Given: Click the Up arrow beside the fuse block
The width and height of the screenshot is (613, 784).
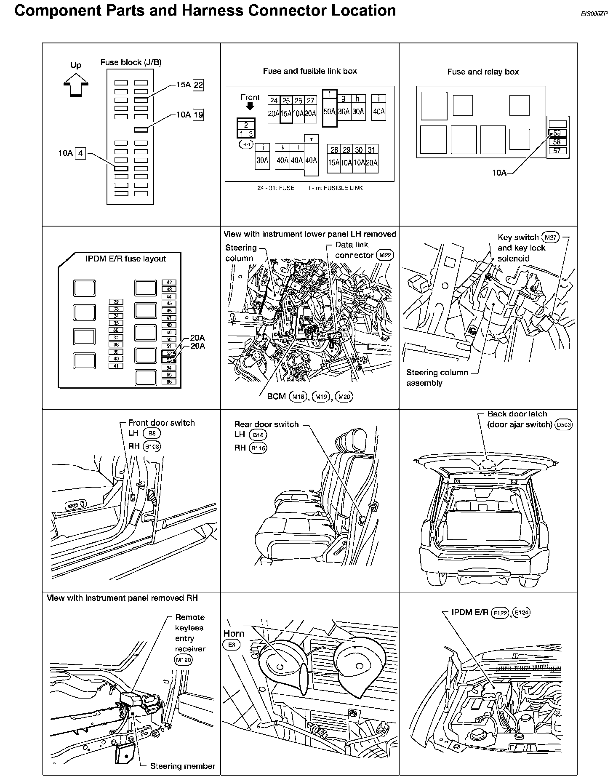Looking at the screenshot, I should [76, 84].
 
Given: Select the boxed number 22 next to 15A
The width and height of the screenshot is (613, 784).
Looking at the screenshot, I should [198, 85].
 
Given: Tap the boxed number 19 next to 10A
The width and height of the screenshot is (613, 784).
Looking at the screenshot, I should [198, 115].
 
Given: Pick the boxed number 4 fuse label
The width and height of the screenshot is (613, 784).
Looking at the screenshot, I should [80, 154].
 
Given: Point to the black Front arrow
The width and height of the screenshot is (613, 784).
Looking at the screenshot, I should [250, 107].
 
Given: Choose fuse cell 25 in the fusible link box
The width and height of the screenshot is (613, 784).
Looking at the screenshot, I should [286, 109].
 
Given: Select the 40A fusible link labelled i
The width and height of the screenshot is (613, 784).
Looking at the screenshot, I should [379, 107].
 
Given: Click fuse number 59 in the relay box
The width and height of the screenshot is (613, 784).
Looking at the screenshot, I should [557, 133].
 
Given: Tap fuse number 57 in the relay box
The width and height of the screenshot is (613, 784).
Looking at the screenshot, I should [557, 151].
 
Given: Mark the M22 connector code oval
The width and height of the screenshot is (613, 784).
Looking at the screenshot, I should [384, 256].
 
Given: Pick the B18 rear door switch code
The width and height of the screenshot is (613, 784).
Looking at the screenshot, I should [258, 435].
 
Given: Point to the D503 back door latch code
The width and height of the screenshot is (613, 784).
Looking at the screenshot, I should [564, 425].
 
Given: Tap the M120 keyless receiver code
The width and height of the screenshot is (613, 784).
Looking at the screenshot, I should [183, 660].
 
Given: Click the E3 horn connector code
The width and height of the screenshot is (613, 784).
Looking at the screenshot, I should [231, 645].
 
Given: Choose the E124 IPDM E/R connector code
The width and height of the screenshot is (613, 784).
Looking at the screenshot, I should [522, 613].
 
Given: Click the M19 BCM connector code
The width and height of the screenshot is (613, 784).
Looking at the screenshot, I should [321, 397].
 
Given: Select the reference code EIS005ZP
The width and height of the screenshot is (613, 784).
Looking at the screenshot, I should [594, 13].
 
